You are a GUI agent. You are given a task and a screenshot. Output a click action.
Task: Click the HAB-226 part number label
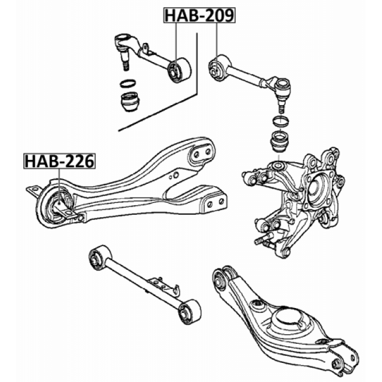pyautogui.click(x=59, y=161)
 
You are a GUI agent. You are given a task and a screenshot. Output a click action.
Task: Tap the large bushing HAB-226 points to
pyautogui.click(x=59, y=205)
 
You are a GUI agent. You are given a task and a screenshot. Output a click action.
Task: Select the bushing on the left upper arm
pyautogui.click(x=178, y=70)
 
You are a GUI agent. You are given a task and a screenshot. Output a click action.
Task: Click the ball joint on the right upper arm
pyautogui.click(x=282, y=90)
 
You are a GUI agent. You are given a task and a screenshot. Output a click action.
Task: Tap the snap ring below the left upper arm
pyautogui.click(x=128, y=83)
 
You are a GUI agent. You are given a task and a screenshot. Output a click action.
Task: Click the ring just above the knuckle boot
pyautogui.click(x=279, y=122)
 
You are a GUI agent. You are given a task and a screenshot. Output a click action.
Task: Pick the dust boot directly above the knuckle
pyautogui.click(x=279, y=144)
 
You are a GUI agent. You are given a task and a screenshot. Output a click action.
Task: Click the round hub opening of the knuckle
pyautogui.click(x=313, y=191)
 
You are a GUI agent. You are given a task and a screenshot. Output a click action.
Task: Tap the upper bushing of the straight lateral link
pyautogui.click(x=97, y=257)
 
